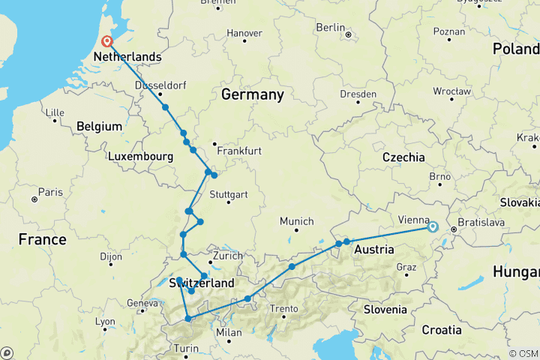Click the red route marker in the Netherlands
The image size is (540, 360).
click(x=106, y=42)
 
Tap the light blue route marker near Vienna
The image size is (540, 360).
click(x=432, y=226)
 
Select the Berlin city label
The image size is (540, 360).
click(x=330, y=28)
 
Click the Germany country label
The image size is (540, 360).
click(x=252, y=94)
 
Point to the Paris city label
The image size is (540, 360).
click(x=50, y=192)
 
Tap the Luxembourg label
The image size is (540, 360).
click(x=141, y=157)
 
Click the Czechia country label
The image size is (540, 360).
click(x=403, y=157)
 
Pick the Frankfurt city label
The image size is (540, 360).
click(x=239, y=151)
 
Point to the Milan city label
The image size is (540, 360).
click(x=229, y=332)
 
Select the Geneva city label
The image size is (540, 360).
click(x=141, y=303)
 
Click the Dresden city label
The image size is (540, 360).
click(x=358, y=94)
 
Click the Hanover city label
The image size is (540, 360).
click(x=244, y=33)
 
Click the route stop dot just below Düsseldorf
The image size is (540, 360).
click(x=165, y=107)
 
